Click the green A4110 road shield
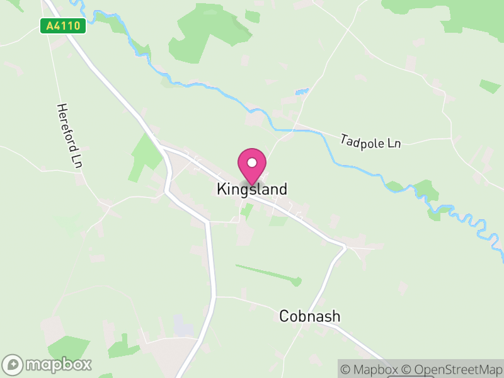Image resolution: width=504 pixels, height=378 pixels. pyautogui.click(x=63, y=26)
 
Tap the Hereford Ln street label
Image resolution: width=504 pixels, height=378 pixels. pyautogui.click(x=70, y=135)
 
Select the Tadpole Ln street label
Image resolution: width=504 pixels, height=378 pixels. pyautogui.click(x=370, y=141)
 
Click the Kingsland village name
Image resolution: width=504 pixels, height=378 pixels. pyautogui.click(x=252, y=189)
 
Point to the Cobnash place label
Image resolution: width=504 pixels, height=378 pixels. pyautogui.click(x=309, y=316)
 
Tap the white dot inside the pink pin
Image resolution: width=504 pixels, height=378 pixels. pyautogui.click(x=252, y=163)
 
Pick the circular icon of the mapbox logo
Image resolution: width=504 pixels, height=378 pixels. pyautogui.click(x=14, y=364)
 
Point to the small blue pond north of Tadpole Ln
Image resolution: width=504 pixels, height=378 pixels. pyautogui.click(x=302, y=93)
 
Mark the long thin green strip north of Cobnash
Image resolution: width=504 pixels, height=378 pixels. pyautogui.click(x=268, y=273)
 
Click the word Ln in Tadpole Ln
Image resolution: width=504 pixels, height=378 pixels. pyautogui.click(x=394, y=144)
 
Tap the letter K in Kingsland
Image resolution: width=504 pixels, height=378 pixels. pyautogui.click(x=222, y=189)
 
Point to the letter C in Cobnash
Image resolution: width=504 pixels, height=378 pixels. pyautogui.click(x=284, y=316)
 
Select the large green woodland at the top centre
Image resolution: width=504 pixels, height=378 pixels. pyautogui.click(x=202, y=31)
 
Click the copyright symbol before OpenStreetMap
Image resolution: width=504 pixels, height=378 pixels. pyautogui.click(x=408, y=369)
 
